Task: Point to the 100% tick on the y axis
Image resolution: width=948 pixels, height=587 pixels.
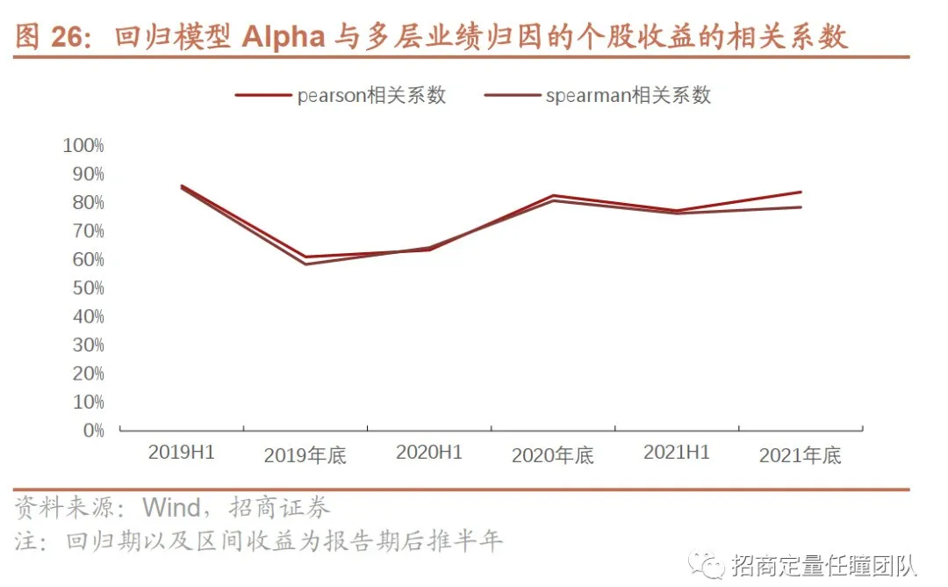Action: pyautogui.click(x=83, y=145)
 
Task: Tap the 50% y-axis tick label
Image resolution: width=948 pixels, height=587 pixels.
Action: pyautogui.click(x=87, y=288)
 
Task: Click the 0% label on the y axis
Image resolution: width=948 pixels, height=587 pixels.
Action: pyautogui.click(x=94, y=431)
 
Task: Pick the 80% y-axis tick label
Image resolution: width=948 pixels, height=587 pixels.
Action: pyautogui.click(x=87, y=202)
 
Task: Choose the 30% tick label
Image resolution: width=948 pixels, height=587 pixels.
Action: pyautogui.click(x=87, y=345)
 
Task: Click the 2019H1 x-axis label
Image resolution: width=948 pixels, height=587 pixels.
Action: pyautogui.click(x=182, y=453)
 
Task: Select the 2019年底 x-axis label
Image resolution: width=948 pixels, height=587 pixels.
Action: pyautogui.click(x=305, y=456)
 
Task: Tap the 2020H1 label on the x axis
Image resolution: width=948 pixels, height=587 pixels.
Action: pyautogui.click(x=429, y=453)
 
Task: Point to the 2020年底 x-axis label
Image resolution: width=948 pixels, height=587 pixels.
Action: pyautogui.click(x=553, y=456)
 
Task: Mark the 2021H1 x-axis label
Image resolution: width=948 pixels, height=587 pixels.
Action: pyautogui.click(x=677, y=453)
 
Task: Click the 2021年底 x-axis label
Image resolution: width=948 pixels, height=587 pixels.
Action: pyautogui.click(x=801, y=456)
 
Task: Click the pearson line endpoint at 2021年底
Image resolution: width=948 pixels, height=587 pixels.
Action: pyautogui.click(x=801, y=192)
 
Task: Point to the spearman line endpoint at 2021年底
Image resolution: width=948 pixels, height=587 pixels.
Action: pyautogui.click(x=801, y=207)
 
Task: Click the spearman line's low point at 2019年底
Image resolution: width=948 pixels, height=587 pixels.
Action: pyautogui.click(x=305, y=265)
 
